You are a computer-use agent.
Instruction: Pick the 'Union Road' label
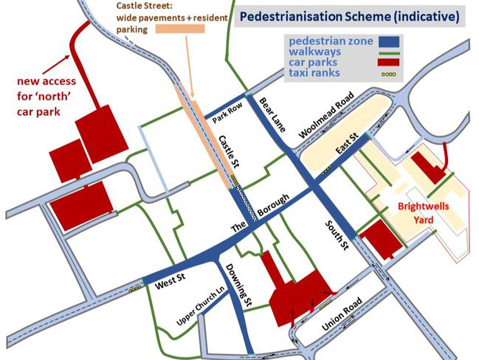(x=342, y=315)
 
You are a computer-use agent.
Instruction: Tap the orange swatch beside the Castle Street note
(x=181, y=29)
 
